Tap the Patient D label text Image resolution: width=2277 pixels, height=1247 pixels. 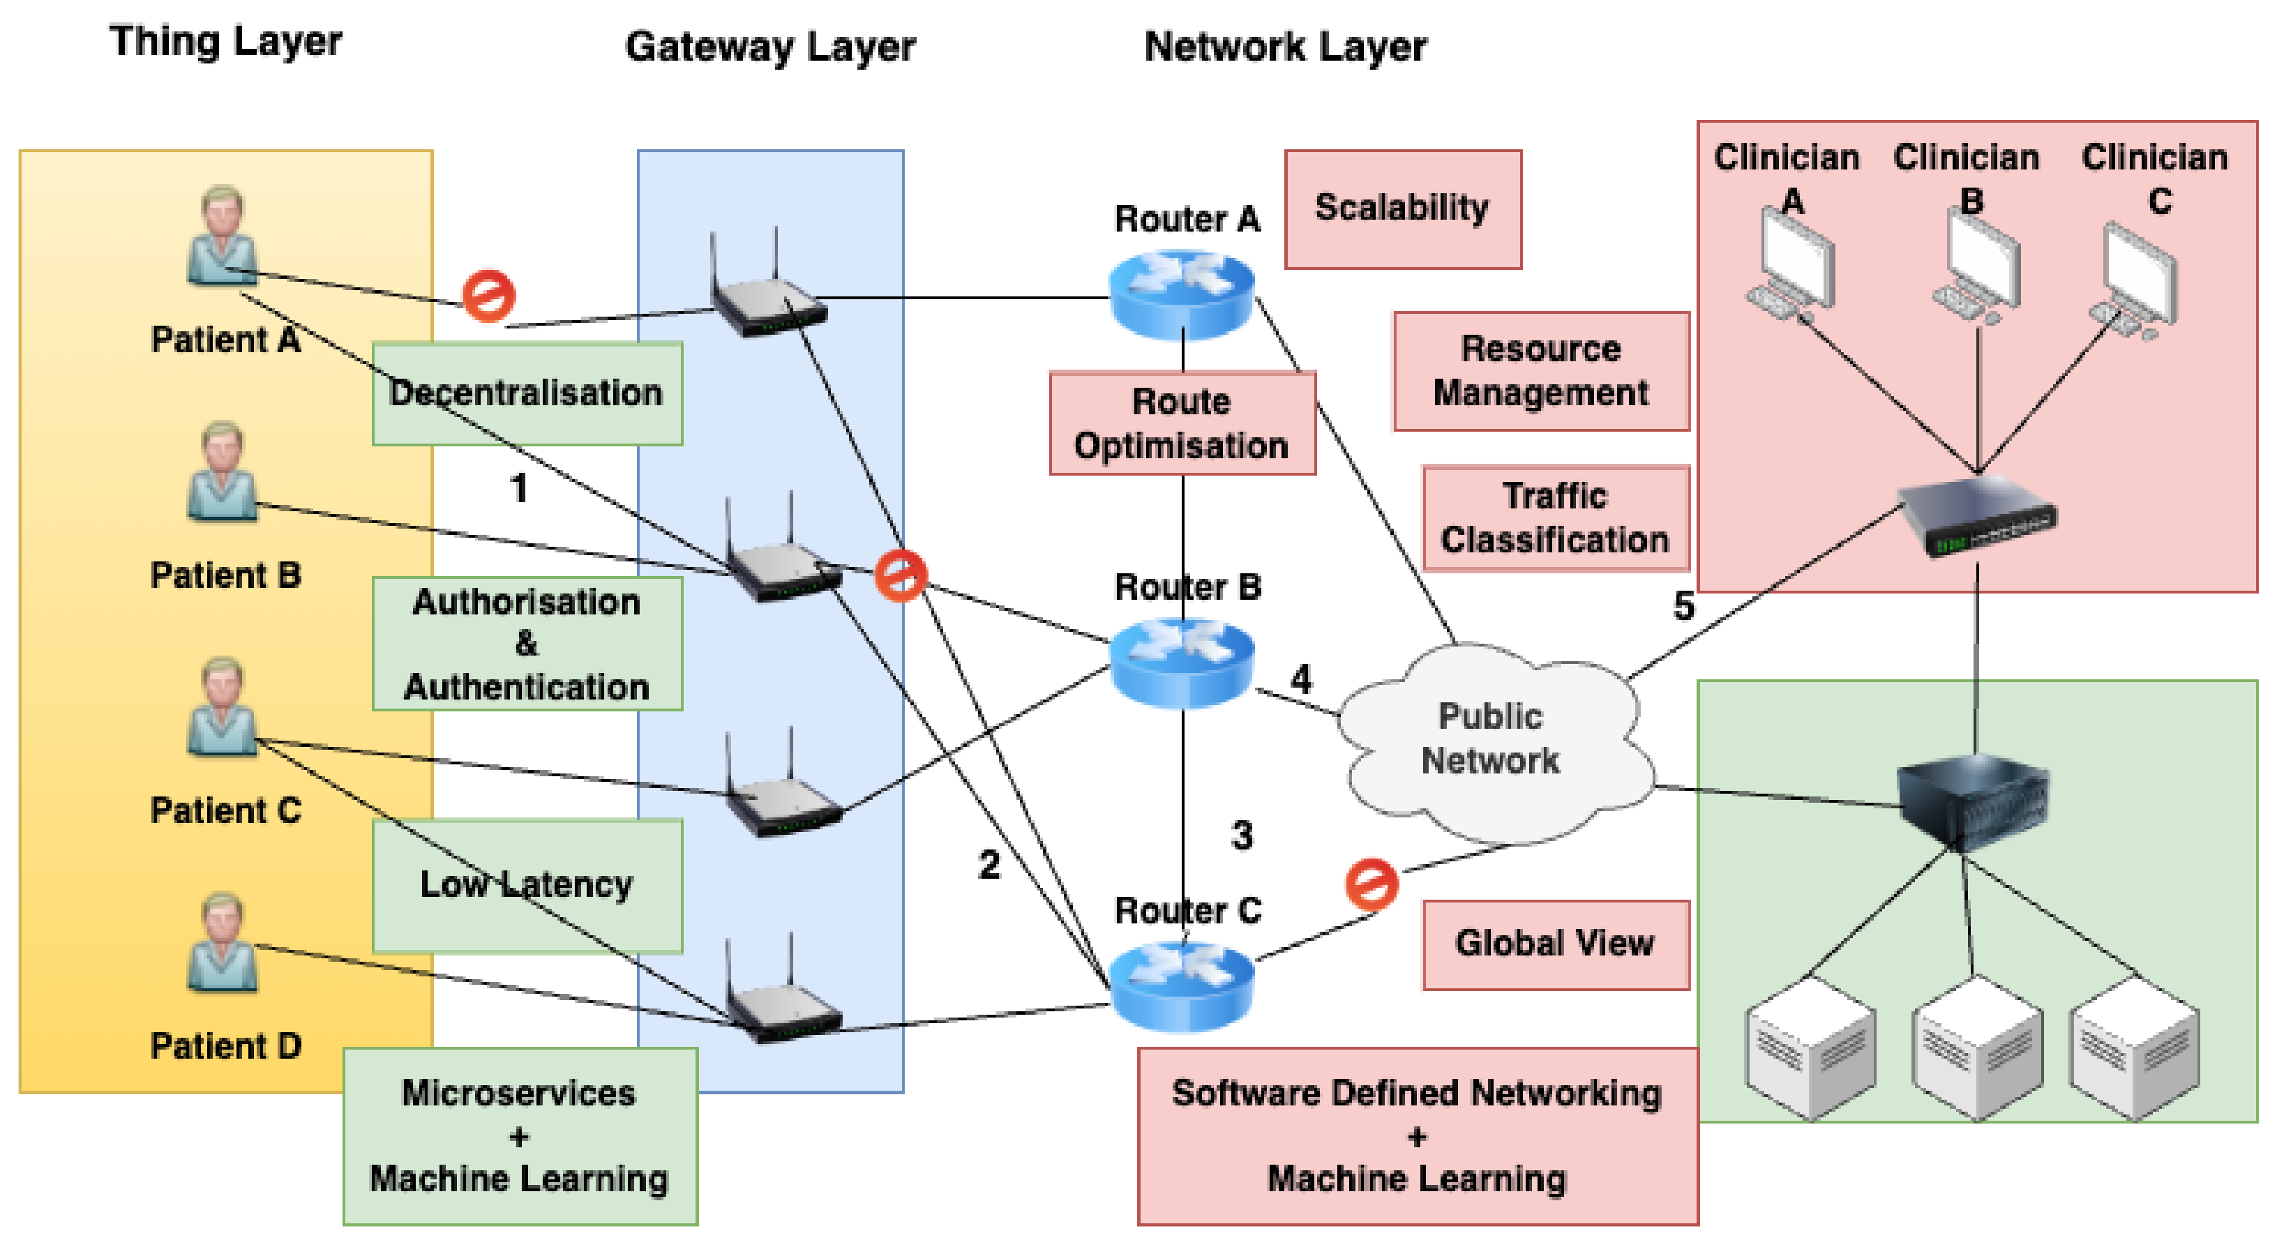pos(226,1045)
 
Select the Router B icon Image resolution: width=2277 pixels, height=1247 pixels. pos(1182,663)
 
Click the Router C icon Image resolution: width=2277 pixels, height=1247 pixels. pos(1182,985)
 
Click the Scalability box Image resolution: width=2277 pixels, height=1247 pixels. pos(1403,209)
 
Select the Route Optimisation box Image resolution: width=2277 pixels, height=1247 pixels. pos(1182,423)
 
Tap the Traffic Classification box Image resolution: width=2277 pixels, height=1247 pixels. pos(1555,518)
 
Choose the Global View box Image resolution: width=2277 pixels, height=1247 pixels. pos(1555,944)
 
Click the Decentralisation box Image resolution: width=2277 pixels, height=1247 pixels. pos(527,393)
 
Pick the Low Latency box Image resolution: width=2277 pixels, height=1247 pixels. pos(527,884)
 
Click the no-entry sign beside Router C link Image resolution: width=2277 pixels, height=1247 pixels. pos(1371,883)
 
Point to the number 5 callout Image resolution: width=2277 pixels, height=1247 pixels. pos(1684,606)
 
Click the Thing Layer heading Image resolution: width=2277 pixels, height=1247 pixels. pos(225,42)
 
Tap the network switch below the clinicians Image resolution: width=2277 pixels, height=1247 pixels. pos(1978,517)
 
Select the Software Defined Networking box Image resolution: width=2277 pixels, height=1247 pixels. pos(1417,1135)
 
